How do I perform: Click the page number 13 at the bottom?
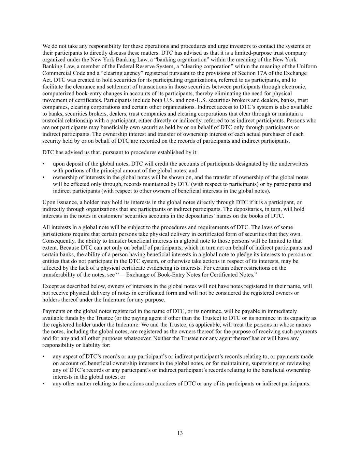180,433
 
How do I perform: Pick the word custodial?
54,121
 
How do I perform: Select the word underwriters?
293,164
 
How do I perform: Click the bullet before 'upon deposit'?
44,164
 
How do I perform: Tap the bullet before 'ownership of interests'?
44,178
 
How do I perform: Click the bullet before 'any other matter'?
44,384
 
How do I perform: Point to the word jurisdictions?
56,234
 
